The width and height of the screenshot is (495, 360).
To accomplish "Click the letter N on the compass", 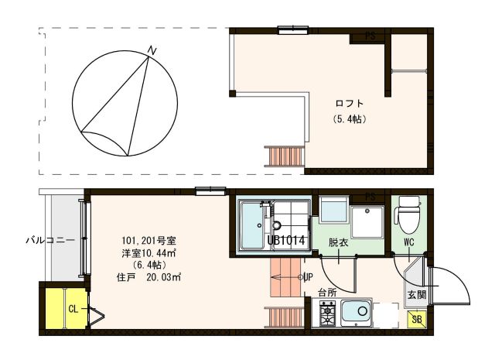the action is click(153, 51).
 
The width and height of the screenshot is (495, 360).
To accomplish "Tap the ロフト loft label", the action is click(350, 103).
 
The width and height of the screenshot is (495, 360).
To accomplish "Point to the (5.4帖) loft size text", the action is click(350, 119).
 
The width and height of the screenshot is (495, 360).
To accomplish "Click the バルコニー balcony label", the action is click(50, 240).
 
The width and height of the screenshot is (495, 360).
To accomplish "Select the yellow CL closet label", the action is click(73, 309).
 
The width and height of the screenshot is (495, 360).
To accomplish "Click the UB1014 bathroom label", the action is click(286, 241).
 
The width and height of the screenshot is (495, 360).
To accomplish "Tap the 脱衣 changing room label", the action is click(339, 243).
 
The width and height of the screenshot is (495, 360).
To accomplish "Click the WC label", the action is click(409, 242).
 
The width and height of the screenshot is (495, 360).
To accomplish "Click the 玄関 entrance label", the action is click(417, 295).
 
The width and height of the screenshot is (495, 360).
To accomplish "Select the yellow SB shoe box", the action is click(417, 319).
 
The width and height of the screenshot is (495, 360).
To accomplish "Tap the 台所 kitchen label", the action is click(327, 293).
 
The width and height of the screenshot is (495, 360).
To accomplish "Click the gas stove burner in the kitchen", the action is click(327, 314).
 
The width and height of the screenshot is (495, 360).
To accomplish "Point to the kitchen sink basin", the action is click(356, 313).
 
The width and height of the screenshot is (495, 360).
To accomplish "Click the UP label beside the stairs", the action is click(309, 277).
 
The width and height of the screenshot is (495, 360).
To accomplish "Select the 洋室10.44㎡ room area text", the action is click(148, 253).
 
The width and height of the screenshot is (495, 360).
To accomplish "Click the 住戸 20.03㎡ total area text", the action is click(148, 277).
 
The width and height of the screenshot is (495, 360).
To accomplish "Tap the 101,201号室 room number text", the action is click(148, 241).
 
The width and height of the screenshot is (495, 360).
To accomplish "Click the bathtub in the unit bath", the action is click(251, 226).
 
